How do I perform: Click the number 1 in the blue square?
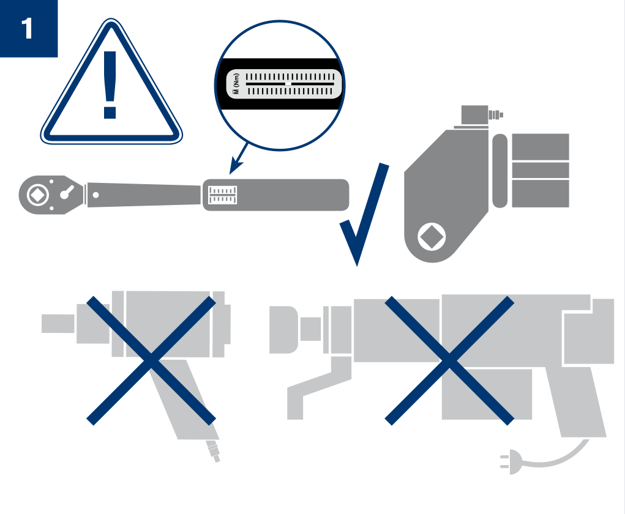pyautogui.click(x=27, y=28)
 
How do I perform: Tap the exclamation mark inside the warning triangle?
pyautogui.click(x=110, y=85)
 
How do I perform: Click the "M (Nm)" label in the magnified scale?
pyautogui.click(x=236, y=84)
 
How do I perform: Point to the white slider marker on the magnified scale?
pyautogui.click(x=288, y=84)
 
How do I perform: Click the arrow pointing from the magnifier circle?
pyautogui.click(x=239, y=158)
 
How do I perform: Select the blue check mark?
pyautogui.click(x=364, y=214)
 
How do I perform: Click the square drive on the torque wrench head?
pyautogui.click(x=38, y=195)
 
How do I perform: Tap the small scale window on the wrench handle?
pyautogui.click(x=222, y=195)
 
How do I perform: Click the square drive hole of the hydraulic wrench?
pyautogui.click(x=432, y=237)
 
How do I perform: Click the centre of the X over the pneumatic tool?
pyautogui.click(x=151, y=360)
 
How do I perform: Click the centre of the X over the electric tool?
pyautogui.click(x=449, y=360)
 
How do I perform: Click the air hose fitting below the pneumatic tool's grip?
pyautogui.click(x=213, y=451)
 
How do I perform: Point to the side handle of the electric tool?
pyautogui.click(x=319, y=389)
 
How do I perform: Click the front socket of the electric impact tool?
pyautogui.click(x=283, y=330)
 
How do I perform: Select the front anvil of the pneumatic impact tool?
pyautogui.click(x=58, y=324)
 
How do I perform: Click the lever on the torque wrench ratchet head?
pyautogui.click(x=67, y=192)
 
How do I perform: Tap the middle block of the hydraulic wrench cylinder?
pyautogui.click(x=540, y=170)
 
